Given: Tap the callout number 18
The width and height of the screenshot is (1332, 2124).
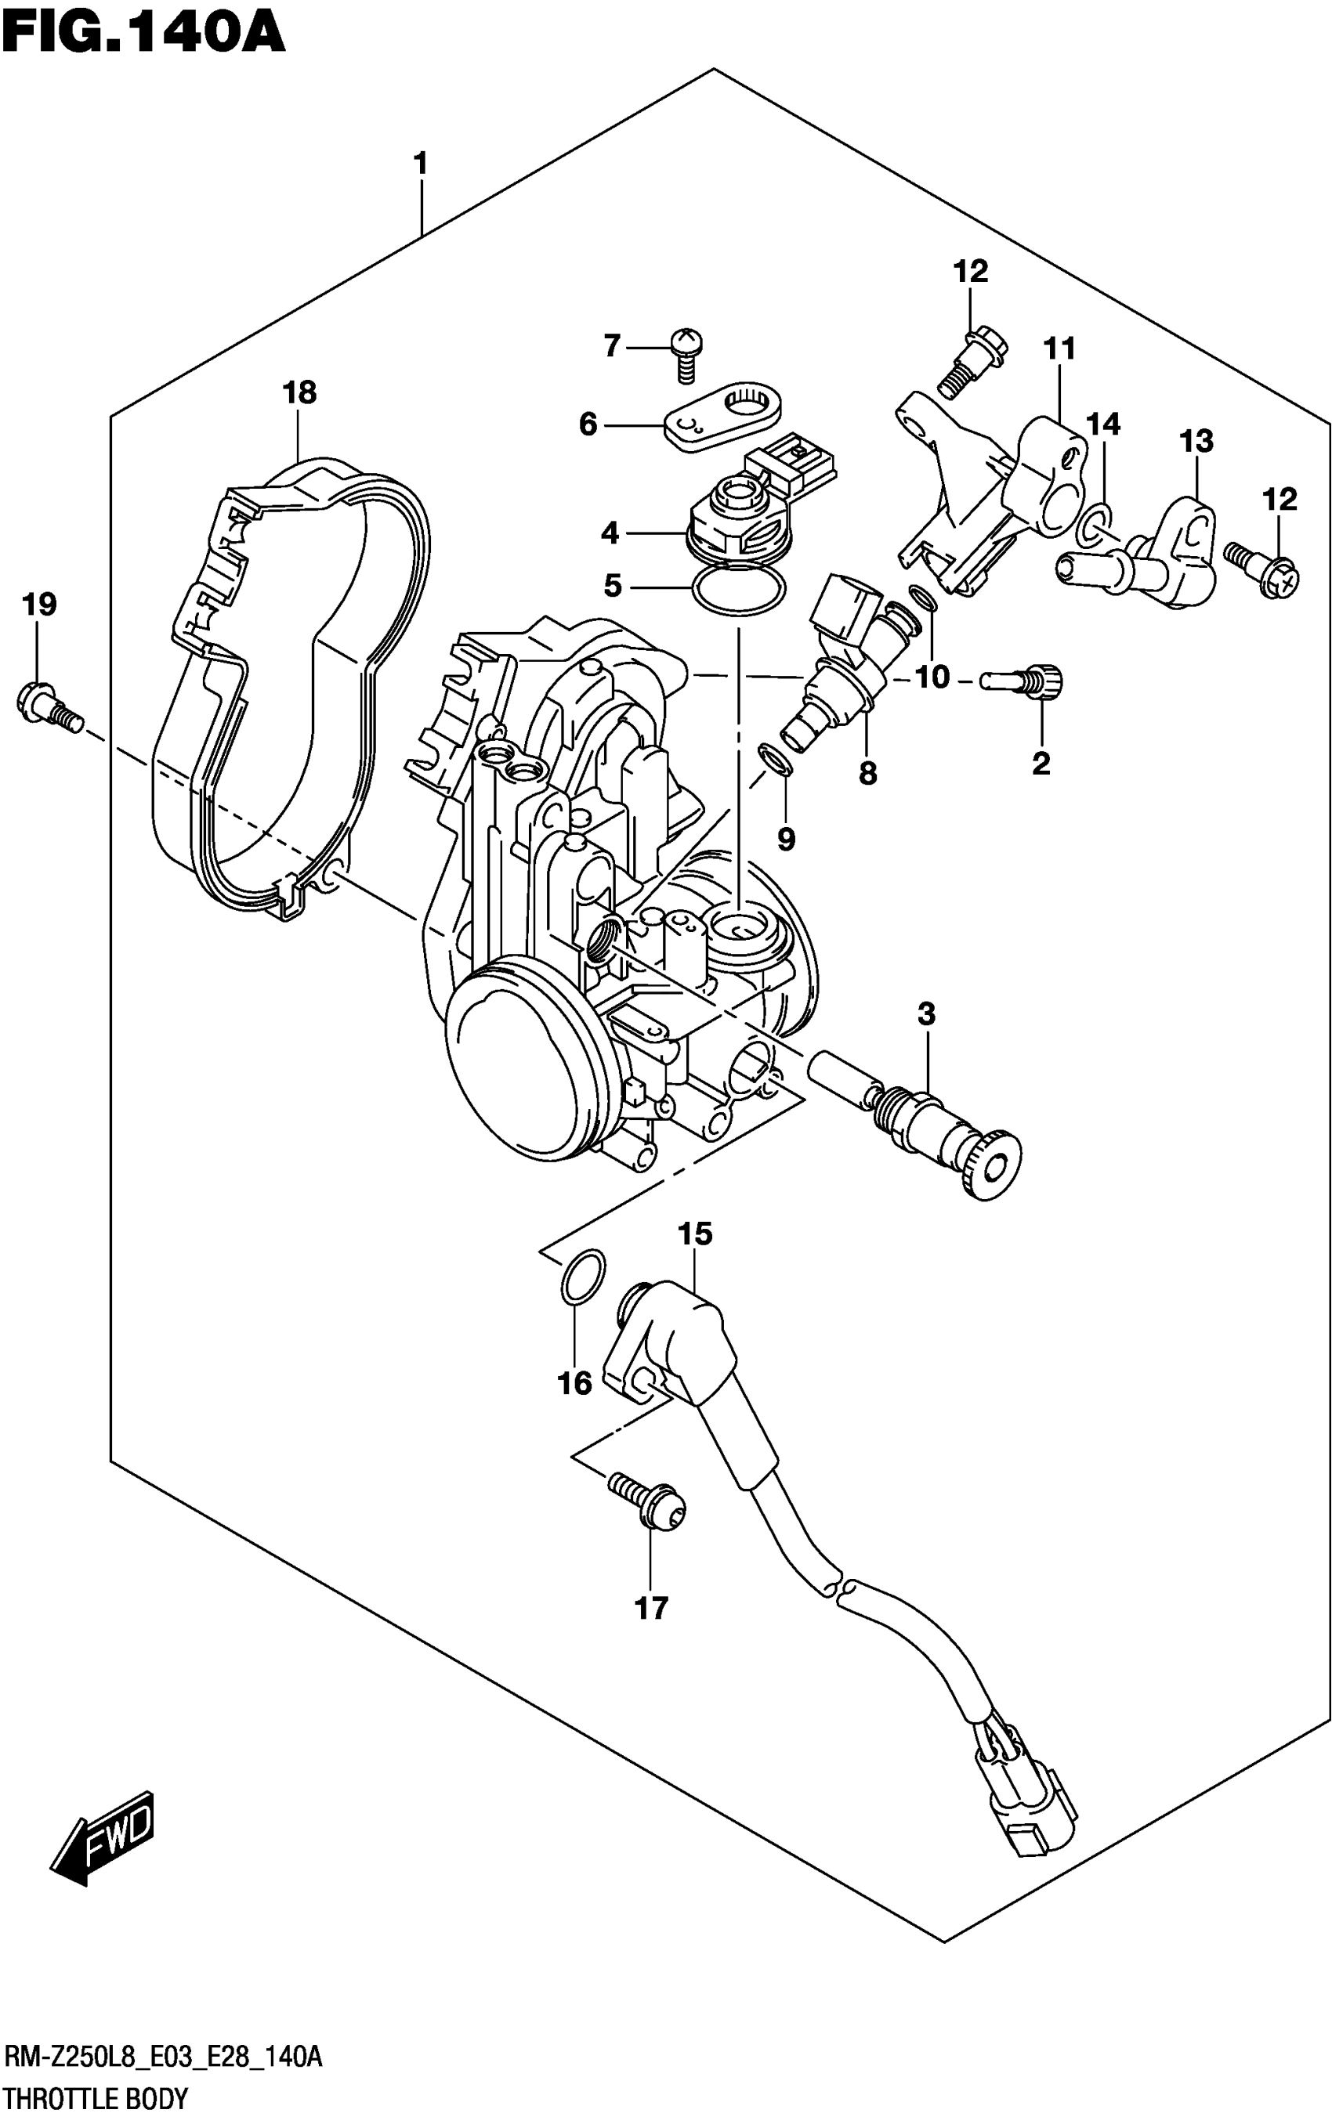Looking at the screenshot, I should point(299,392).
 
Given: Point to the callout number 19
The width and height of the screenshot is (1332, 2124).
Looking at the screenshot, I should point(38,604).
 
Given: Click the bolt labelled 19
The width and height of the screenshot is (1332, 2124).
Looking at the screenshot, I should point(49,708).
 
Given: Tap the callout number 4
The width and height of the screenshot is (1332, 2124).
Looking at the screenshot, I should point(610,533).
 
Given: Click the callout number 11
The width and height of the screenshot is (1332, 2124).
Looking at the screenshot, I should point(1060,349).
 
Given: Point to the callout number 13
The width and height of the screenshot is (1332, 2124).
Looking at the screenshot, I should point(1196,440).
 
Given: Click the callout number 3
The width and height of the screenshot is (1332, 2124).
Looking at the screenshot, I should point(926,1014).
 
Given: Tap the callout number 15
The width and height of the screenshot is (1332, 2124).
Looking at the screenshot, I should point(694,1234).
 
